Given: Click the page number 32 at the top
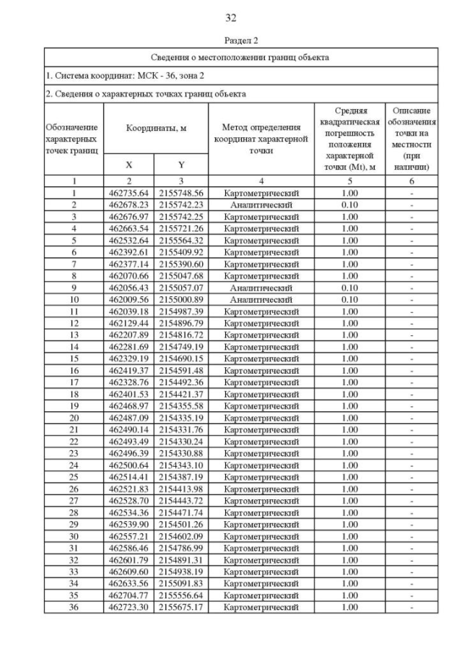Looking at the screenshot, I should (x=231, y=17).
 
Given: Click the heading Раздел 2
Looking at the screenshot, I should (x=231, y=40).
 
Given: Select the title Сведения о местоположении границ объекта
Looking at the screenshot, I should (x=240, y=57).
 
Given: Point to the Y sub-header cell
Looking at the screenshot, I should (x=181, y=164).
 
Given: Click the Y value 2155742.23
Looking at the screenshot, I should (x=181, y=205).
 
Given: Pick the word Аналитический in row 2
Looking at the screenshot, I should (x=261, y=205).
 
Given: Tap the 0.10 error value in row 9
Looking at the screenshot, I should (x=349, y=288).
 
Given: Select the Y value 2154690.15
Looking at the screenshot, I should (x=181, y=358).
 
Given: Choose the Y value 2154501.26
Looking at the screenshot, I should (x=181, y=524).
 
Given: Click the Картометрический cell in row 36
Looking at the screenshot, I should (x=261, y=607).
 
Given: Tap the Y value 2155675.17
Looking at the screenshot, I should (x=181, y=607).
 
